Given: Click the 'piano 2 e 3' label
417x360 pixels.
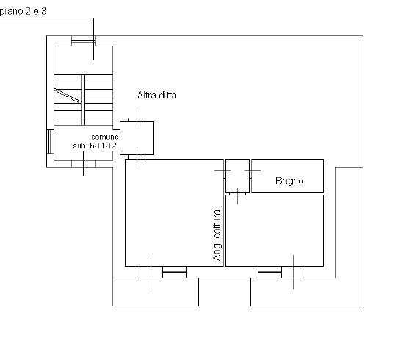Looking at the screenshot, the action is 23,11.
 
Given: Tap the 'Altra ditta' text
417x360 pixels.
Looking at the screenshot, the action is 157,96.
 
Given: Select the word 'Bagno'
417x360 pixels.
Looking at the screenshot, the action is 289,181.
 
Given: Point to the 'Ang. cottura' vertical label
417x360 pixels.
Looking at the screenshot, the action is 217,235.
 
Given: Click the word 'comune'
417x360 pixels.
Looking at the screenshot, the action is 105,137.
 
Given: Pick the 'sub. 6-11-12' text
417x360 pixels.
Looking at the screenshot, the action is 95,145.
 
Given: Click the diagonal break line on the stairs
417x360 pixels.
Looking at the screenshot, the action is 68,96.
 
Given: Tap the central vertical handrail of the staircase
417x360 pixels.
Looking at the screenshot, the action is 83,100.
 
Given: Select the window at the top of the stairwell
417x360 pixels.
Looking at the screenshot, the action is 84,40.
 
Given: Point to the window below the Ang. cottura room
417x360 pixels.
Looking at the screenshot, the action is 175,272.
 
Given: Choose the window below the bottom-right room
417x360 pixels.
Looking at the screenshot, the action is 269,272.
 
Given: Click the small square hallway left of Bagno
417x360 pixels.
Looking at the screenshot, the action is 237,176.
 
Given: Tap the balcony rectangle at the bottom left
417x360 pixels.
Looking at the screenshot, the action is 156,292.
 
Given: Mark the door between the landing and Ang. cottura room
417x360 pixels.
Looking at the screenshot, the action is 137,157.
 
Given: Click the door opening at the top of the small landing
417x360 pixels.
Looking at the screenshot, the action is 137,120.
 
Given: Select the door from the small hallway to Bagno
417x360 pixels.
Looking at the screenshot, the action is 250,170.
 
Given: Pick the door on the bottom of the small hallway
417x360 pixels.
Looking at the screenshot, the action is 237,194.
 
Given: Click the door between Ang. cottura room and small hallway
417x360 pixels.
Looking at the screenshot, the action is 225,170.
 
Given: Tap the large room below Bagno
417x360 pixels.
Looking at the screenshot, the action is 275,231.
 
